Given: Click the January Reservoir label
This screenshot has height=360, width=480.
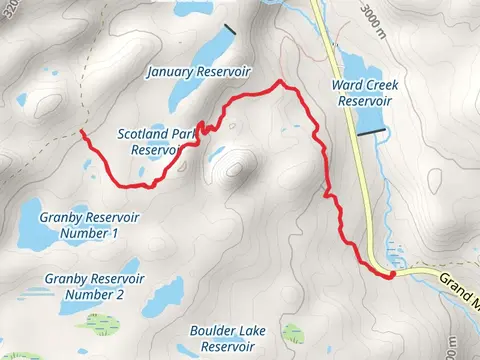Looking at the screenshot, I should [197, 72].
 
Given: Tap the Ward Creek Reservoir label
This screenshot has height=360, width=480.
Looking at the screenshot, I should [363, 93].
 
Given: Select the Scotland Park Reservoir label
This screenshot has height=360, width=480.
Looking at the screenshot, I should [155, 141].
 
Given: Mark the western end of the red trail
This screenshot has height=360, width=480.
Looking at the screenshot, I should [81, 131].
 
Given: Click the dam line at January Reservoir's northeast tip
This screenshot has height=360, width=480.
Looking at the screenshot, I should [231, 30].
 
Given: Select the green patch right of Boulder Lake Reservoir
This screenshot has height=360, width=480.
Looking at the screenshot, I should [292, 332].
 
